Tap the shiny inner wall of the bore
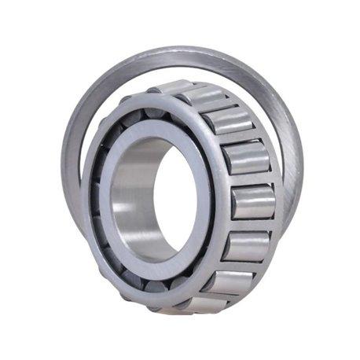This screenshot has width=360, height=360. (x=130, y=197)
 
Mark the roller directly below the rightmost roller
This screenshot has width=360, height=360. (x=242, y=245)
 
